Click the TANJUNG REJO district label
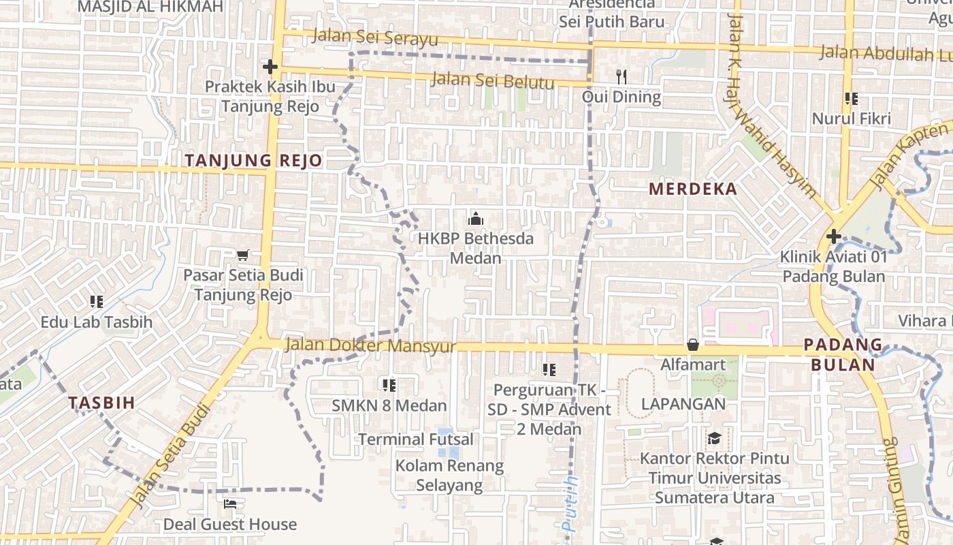pyautogui.click(x=253, y=161)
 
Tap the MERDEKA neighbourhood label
pyautogui.click(x=693, y=189)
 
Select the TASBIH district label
pyautogui.click(x=101, y=403)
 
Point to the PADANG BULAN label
pyautogui.click(x=843, y=354)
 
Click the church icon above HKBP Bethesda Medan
pyautogui.click(x=475, y=219)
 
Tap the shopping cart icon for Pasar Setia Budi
pyautogui.click(x=243, y=255)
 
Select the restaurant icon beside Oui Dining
pyautogui.click(x=621, y=76)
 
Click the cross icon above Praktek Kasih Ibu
pyautogui.click(x=270, y=67)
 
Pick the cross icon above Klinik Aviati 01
pyautogui.click(x=833, y=237)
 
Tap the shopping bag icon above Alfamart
pyautogui.click(x=693, y=345)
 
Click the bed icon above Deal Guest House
pyautogui.click(x=230, y=504)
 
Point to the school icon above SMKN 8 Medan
pyautogui.click(x=389, y=386)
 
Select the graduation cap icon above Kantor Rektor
pyautogui.click(x=714, y=438)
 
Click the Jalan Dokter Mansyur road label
pyautogui.click(x=370, y=345)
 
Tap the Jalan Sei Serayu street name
pyautogui.click(x=374, y=37)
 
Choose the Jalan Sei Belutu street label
pyautogui.click(x=493, y=80)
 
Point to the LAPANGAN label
pyautogui.click(x=683, y=403)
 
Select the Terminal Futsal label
pyautogui.click(x=415, y=439)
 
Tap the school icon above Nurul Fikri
pyautogui.click(x=850, y=99)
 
